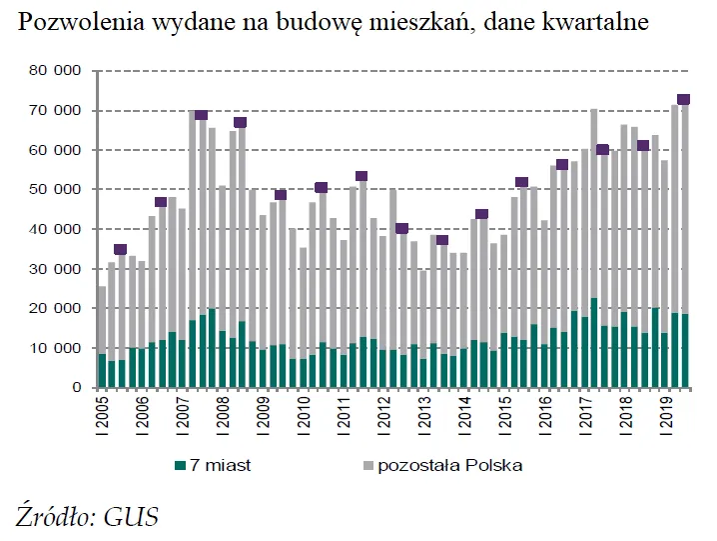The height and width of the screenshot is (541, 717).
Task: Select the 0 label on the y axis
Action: point(75,387)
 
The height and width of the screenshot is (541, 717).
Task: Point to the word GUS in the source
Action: point(132,517)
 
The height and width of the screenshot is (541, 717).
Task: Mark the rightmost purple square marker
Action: point(684,100)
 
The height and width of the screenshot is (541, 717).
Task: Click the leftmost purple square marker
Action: point(121,249)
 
